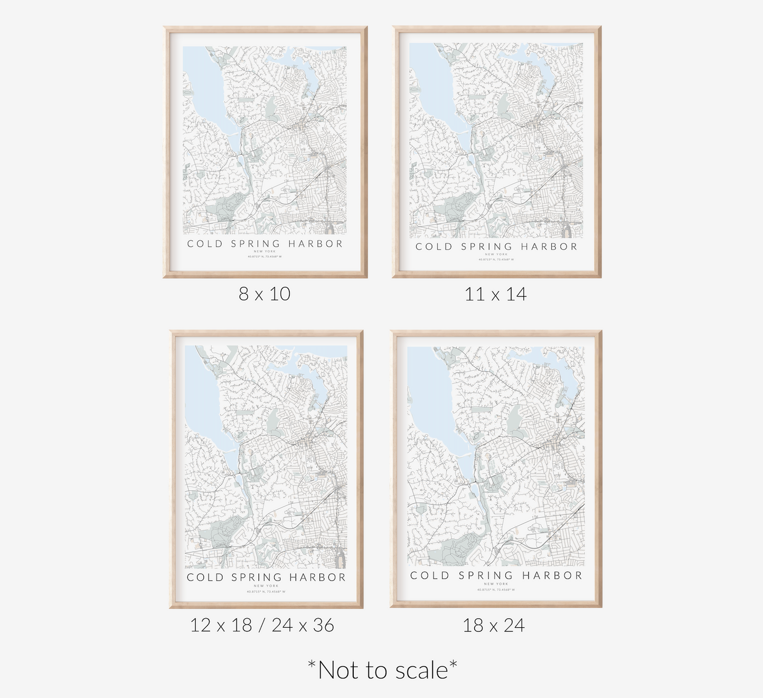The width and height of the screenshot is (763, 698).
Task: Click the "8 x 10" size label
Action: tap(265, 294)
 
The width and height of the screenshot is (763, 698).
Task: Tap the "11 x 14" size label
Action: tap(495, 294)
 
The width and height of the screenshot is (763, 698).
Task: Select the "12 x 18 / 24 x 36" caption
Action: tap(262, 625)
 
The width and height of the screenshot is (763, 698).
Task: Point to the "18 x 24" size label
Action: tap(494, 625)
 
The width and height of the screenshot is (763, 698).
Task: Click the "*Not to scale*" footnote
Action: tap(382, 670)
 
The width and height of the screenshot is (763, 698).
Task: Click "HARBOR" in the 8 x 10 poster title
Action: tap(316, 244)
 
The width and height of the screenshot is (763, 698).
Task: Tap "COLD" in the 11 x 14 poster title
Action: tap(434, 247)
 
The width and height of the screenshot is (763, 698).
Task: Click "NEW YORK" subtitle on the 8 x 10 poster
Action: tap(265, 252)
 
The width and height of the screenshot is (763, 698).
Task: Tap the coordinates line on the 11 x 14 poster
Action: tap(496, 259)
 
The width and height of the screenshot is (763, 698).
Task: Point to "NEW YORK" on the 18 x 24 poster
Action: tap(496, 584)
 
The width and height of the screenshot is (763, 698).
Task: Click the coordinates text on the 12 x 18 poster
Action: tap(266, 592)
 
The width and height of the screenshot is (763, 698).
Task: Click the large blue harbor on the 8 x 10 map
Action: tap(203, 85)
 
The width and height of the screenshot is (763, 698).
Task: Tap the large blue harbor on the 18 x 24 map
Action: tap(430, 391)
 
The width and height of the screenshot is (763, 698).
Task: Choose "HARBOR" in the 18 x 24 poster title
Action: tap(552, 575)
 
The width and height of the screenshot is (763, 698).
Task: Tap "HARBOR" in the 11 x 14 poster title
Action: tap(549, 247)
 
